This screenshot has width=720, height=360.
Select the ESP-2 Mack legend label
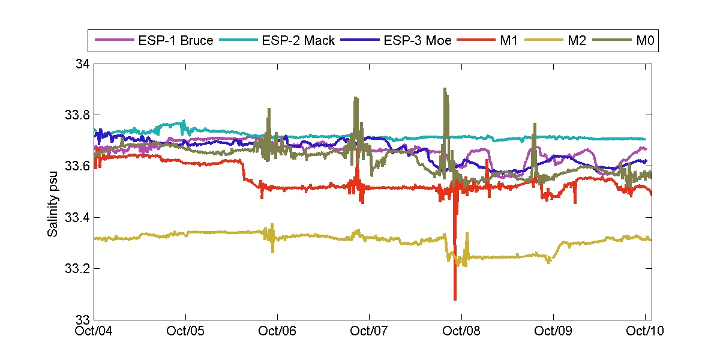[x=296, y=41]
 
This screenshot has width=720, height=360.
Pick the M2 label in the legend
[x=570, y=41]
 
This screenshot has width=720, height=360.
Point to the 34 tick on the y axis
[x=83, y=64]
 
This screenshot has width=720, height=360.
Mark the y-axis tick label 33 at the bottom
[x=83, y=319]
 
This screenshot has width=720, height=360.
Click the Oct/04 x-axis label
[x=95, y=331]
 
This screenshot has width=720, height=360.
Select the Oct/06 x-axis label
[x=278, y=331]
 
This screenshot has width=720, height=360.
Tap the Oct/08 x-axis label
[x=461, y=331]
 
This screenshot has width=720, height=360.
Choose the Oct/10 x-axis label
[x=644, y=331]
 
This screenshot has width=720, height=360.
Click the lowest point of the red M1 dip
[x=455, y=299]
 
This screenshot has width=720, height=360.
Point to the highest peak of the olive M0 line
[x=445, y=89]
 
